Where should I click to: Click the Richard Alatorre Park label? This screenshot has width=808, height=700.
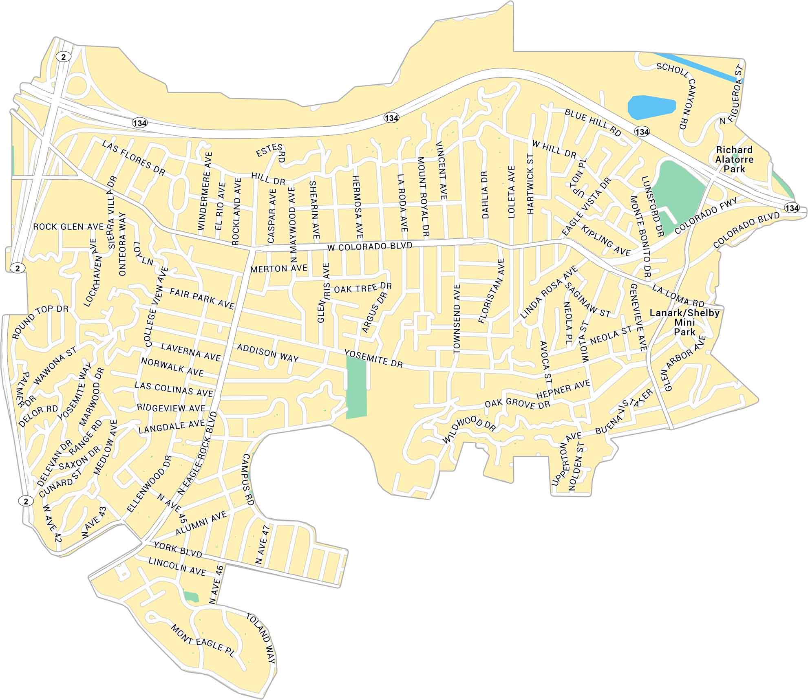pos(734,159)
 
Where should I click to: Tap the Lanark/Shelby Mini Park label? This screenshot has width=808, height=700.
pos(684,322)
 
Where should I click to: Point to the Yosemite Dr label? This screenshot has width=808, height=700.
pos(373,359)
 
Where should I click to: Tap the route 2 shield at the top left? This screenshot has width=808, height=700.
pos(63,57)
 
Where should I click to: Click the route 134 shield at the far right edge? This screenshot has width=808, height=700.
pos(791,208)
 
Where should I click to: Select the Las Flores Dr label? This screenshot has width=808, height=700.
pos(133,158)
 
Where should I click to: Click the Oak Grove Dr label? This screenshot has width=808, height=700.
pos(517,404)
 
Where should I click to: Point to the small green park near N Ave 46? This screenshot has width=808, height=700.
pos(190,596)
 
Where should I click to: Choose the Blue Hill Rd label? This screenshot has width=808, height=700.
pos(592,122)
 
